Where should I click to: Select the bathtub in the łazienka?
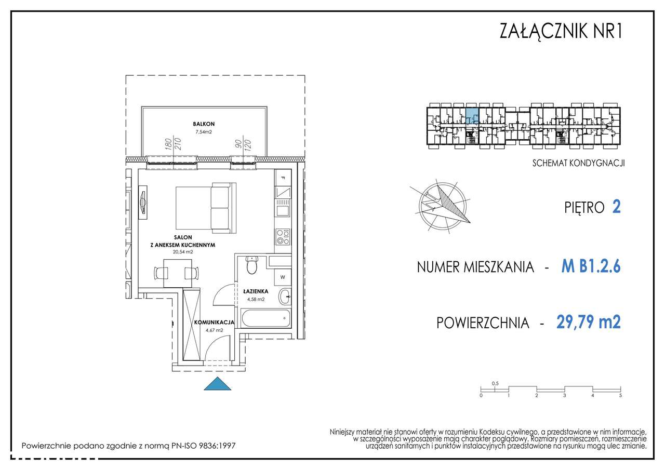pos(265,318)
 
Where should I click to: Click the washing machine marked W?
pos(282,276)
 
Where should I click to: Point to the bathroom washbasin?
pos(284,298)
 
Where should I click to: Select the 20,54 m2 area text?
pos(182,252)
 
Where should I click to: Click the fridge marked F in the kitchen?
pos(283,179)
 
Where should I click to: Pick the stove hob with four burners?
pos(282,237)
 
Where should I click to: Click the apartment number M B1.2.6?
pos(591,267)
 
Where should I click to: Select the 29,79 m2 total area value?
pos(588,323)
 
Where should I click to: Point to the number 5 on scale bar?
pos(620,396)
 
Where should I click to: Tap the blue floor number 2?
pos(617,207)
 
